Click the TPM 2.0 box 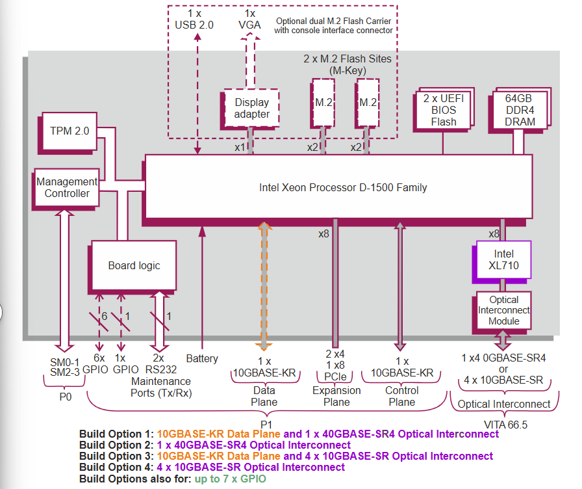(69, 131)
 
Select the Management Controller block (67, 187)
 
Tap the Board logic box (134, 265)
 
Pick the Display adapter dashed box (252, 108)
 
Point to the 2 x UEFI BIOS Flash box (444, 110)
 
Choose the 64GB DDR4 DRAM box (520, 110)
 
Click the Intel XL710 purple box (503, 260)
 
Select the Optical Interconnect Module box (503, 311)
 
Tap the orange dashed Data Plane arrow (264, 286)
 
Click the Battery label (202, 358)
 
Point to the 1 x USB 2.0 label (194, 20)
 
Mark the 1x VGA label (249, 20)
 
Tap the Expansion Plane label (336, 395)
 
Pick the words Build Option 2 (114, 445)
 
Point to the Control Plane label (402, 395)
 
